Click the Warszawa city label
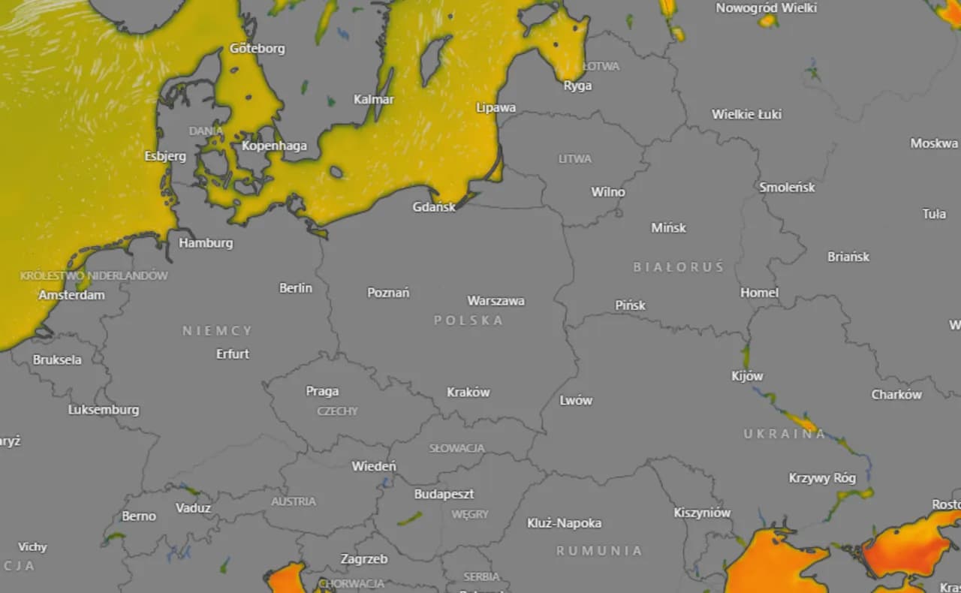(x=496, y=301)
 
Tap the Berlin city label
(x=296, y=287)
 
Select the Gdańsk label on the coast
(x=434, y=206)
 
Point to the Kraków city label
(x=468, y=392)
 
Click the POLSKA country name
(x=468, y=321)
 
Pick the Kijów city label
(x=747, y=376)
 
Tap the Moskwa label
(x=934, y=143)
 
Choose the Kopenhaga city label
(x=274, y=146)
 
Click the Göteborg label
(x=258, y=49)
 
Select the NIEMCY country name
(x=218, y=330)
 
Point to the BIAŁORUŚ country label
(x=679, y=267)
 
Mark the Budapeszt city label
(x=444, y=494)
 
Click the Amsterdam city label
(x=72, y=295)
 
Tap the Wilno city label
(x=608, y=192)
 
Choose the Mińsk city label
(x=668, y=227)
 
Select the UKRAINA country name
(x=785, y=434)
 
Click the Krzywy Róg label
(x=822, y=477)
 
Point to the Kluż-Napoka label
(x=564, y=523)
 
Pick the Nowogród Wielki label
(x=766, y=8)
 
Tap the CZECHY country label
(x=338, y=411)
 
